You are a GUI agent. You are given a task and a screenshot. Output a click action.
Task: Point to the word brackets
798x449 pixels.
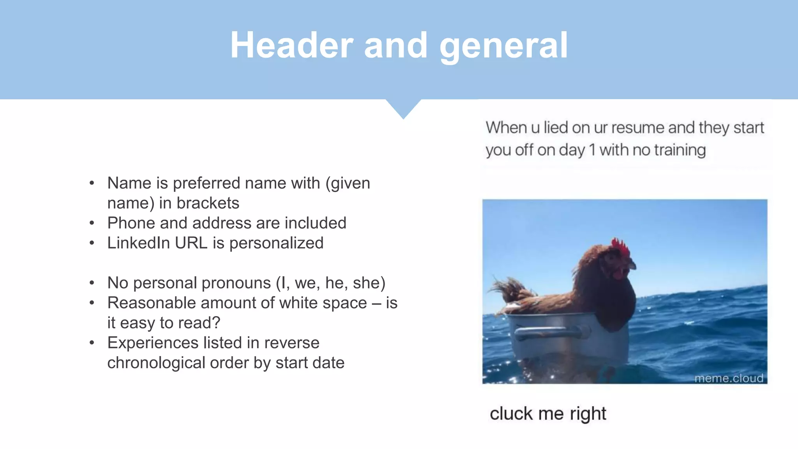[208, 203]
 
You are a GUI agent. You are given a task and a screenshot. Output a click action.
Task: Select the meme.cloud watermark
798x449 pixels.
[728, 378]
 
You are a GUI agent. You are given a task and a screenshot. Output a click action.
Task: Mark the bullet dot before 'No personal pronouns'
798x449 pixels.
[92, 283]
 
